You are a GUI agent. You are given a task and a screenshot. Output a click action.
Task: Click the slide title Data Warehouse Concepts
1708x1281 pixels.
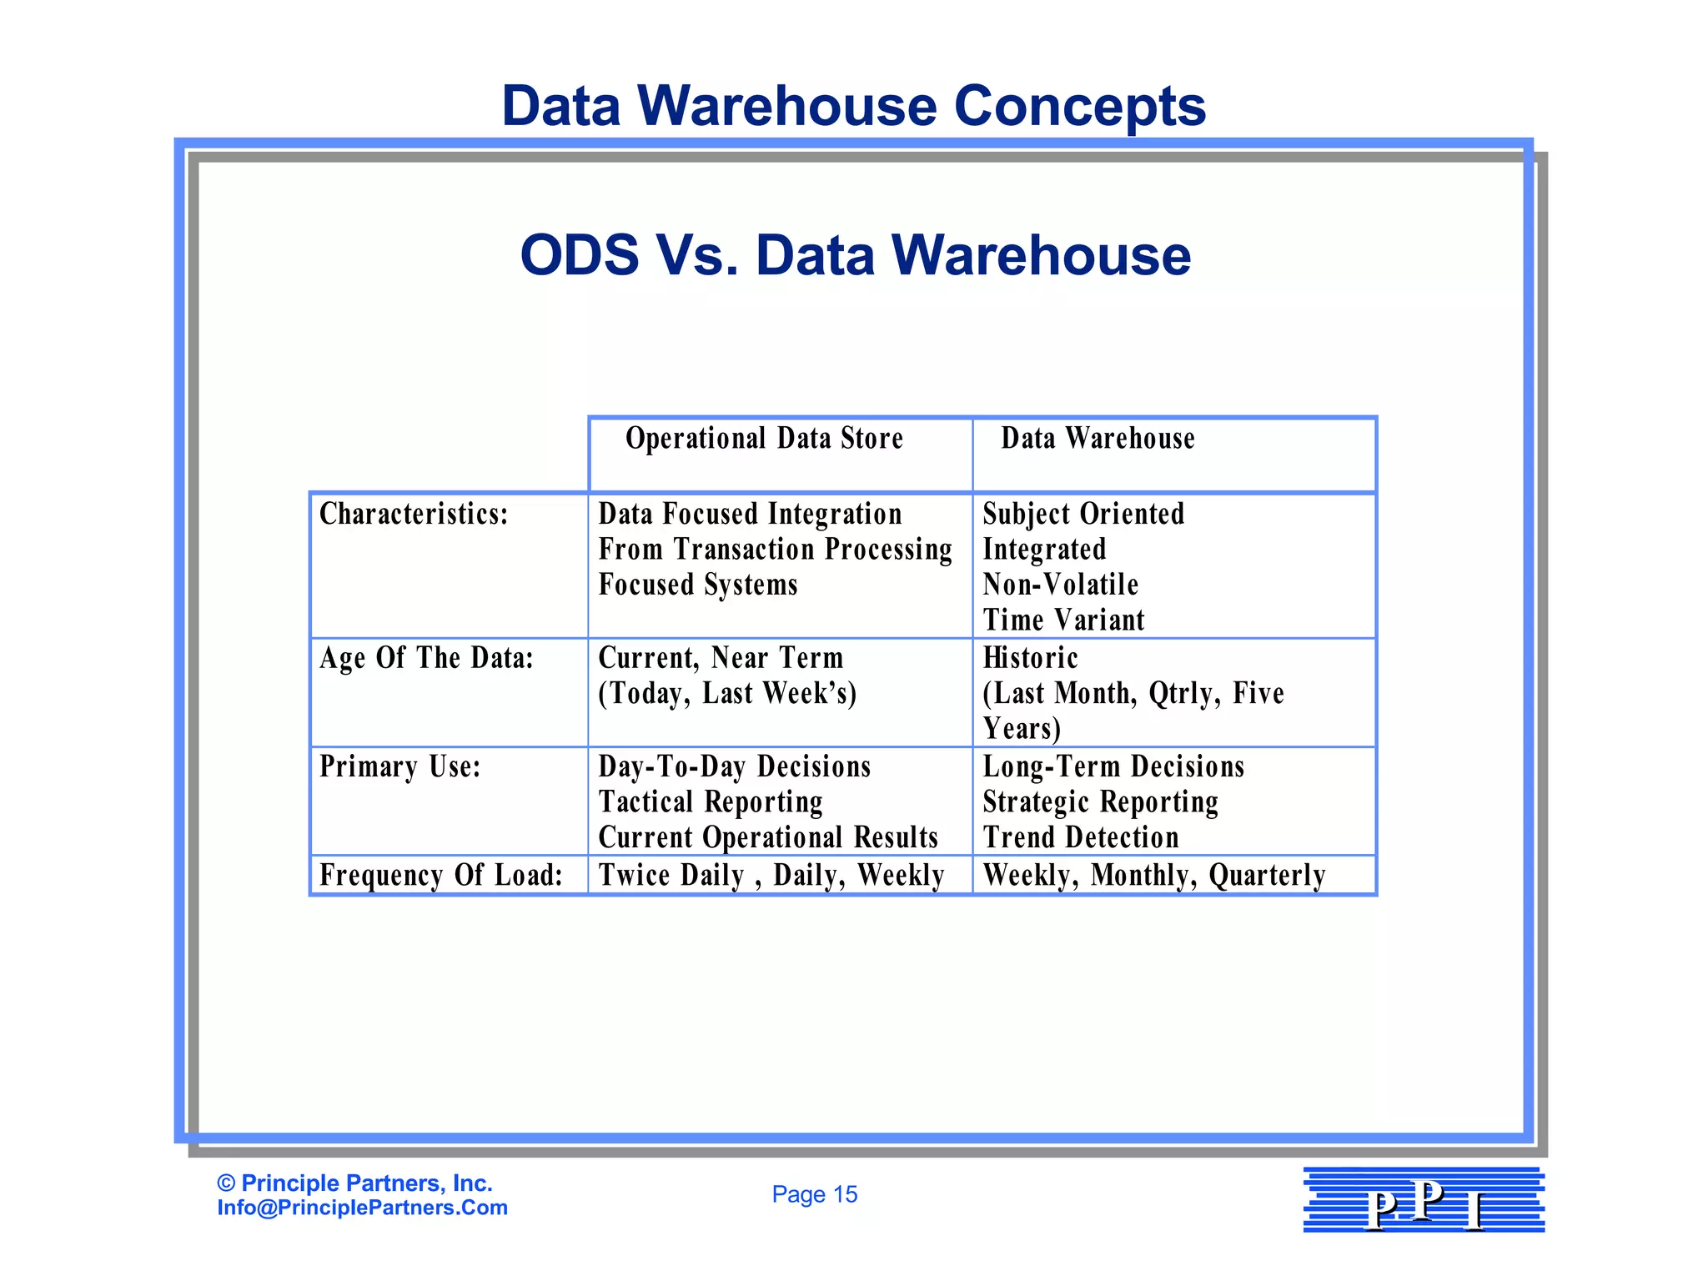[x=853, y=106]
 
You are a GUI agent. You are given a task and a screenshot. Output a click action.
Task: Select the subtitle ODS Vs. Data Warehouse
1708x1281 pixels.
[x=855, y=254]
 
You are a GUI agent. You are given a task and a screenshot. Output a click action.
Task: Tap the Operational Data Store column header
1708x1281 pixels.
[x=764, y=439]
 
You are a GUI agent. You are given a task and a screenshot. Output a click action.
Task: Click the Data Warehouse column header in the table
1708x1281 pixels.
[x=1098, y=439]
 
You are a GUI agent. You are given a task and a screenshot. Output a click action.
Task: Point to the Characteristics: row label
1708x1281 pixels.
[x=414, y=514]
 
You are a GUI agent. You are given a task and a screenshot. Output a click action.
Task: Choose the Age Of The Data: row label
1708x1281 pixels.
[x=426, y=658]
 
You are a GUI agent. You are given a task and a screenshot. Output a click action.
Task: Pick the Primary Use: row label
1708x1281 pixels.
[x=400, y=766]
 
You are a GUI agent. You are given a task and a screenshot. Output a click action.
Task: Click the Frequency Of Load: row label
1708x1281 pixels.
[x=441, y=875]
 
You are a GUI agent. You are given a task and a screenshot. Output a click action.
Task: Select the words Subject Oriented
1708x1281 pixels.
[x=1083, y=514]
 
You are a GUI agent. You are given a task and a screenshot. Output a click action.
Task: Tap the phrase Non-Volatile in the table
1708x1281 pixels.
[x=1060, y=585]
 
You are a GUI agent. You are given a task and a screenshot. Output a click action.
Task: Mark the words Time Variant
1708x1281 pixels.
[x=1063, y=620]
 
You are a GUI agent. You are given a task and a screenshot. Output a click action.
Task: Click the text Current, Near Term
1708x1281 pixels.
[x=721, y=658]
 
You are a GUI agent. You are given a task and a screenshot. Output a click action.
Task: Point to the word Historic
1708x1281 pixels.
[x=1030, y=658]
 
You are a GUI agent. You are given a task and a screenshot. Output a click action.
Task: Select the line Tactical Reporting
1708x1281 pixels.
[x=711, y=802]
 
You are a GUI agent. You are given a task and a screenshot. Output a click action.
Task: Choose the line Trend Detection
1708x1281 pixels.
[x=1081, y=837]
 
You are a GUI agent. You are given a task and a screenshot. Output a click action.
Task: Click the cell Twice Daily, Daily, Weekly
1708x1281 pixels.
[x=771, y=875]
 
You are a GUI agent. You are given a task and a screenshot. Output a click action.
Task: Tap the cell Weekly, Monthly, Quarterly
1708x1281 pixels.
[x=1154, y=875]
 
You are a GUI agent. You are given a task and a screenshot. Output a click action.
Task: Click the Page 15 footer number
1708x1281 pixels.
[x=814, y=1194]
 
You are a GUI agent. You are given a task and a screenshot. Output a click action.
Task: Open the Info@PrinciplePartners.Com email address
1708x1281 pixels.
[x=362, y=1208]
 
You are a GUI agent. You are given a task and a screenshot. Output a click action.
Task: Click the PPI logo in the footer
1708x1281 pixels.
[x=1424, y=1200]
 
